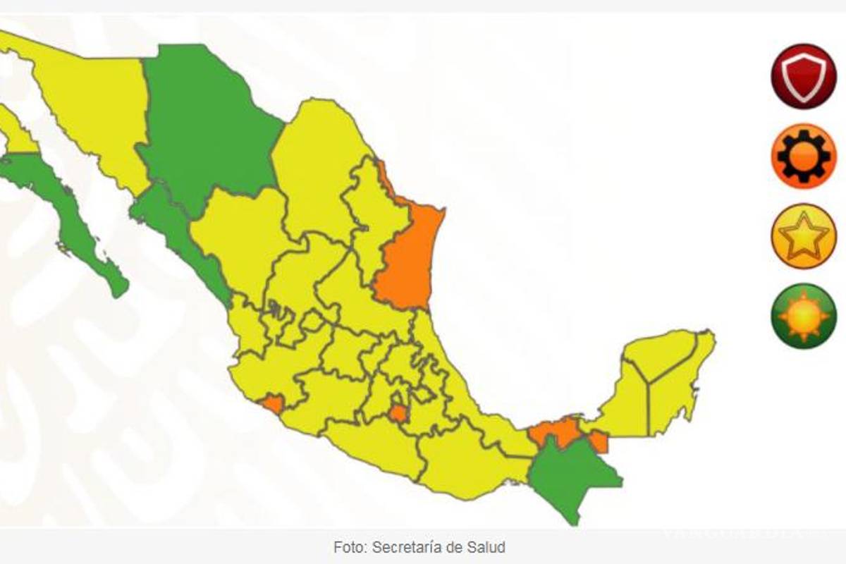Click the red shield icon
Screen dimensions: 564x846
pyautogui.click(x=803, y=76)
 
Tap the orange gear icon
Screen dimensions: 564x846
pyautogui.click(x=803, y=156)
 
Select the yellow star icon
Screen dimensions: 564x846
pyautogui.click(x=803, y=236)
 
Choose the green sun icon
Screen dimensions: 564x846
pyautogui.click(x=803, y=316)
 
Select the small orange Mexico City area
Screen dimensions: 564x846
pyautogui.click(x=398, y=413)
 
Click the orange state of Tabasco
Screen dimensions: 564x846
pyautogui.click(x=553, y=430)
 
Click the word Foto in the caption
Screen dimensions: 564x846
pyautogui.click(x=348, y=547)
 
